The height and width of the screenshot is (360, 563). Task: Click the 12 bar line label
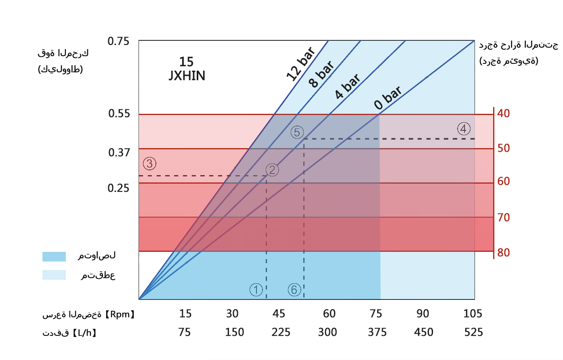tap(301, 64)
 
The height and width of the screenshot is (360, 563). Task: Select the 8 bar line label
tap(321, 74)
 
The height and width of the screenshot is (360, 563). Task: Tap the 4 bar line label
tap(347, 86)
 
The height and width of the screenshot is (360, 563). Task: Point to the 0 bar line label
tap(388, 98)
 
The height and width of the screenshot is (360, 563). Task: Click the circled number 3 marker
tap(149, 163)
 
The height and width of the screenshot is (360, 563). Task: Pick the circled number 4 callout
tap(464, 129)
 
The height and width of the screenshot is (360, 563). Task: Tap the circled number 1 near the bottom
tap(256, 289)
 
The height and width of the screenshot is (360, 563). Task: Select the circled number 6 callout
tap(294, 289)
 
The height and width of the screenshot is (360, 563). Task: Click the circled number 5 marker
tap(297, 132)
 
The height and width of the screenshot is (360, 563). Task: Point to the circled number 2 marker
tap(272, 170)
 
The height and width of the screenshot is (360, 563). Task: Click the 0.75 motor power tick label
tap(118, 41)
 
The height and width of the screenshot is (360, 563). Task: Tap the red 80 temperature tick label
tap(503, 253)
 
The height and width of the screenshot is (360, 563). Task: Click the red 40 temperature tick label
tap(503, 113)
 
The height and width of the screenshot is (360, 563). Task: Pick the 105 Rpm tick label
tap(473, 314)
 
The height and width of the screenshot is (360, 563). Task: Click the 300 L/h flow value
tap(327, 332)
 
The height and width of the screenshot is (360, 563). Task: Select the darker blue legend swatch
tap(54, 257)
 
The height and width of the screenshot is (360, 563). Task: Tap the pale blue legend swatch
tap(54, 275)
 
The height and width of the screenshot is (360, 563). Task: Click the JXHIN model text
tap(187, 75)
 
